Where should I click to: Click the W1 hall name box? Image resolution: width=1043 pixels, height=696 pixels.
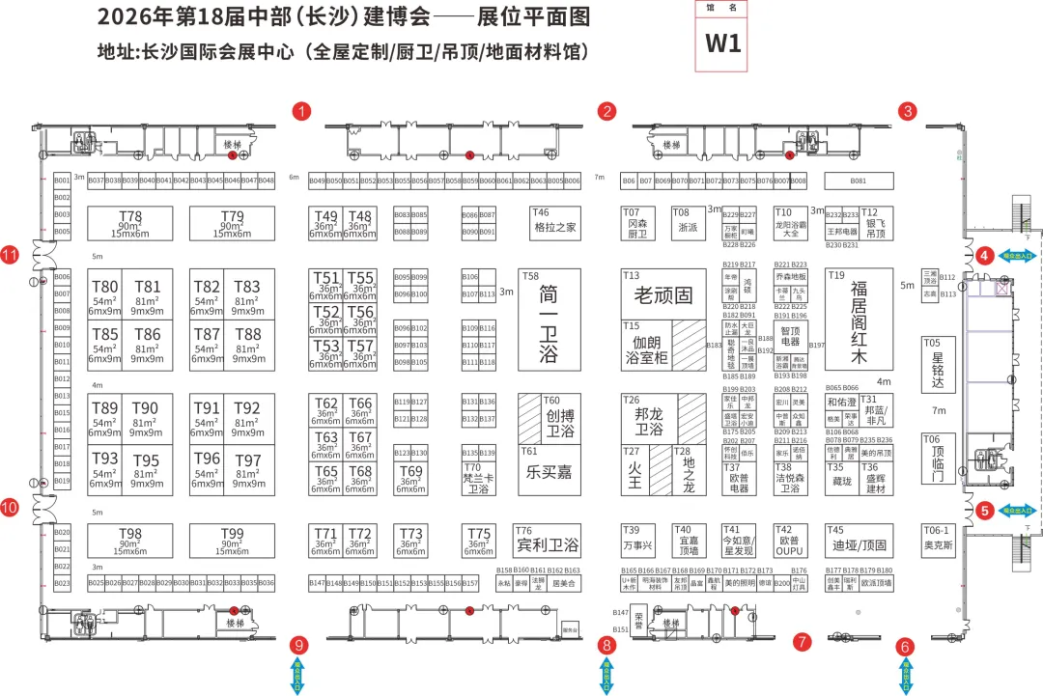[722, 42]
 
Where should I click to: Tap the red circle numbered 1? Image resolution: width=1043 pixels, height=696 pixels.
[303, 111]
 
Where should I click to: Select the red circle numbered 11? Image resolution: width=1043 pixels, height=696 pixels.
[11, 255]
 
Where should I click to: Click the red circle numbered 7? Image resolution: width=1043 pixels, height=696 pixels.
[801, 640]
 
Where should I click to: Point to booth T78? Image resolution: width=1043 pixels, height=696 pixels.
[130, 223]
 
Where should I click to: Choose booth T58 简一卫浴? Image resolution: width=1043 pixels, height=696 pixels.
[550, 320]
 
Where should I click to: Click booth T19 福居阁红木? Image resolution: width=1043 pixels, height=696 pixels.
[858, 320]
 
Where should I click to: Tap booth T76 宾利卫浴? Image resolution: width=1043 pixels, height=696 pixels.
[547, 542]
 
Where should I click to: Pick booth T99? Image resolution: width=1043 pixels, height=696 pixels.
[232, 540]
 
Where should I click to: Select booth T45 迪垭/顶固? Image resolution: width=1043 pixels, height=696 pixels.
[858, 541]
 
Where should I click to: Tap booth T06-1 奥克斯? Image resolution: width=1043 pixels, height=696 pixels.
[939, 541]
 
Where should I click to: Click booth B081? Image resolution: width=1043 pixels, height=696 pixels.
[858, 181]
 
